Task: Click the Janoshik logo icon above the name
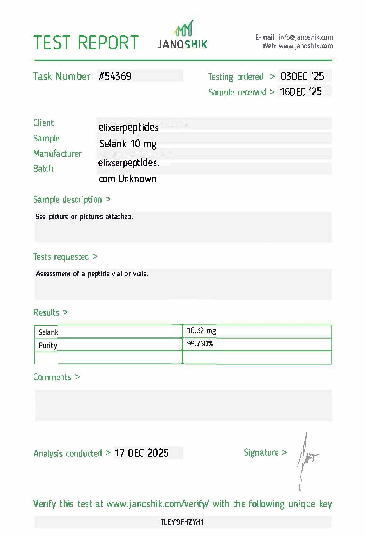184,28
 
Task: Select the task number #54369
115,76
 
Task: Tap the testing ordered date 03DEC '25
302,76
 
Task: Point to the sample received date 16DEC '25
301,92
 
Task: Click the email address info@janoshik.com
306,37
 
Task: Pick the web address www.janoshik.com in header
306,46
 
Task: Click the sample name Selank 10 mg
128,144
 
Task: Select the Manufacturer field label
57,153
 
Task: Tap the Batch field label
43,169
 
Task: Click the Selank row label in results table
48,332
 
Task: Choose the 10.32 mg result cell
201,331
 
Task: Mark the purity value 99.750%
200,344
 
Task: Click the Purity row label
48,345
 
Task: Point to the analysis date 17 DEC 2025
142,453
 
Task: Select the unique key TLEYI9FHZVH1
182,522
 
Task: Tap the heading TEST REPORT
86,43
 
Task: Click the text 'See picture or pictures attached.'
84,217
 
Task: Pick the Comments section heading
52,377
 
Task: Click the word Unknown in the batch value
137,179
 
